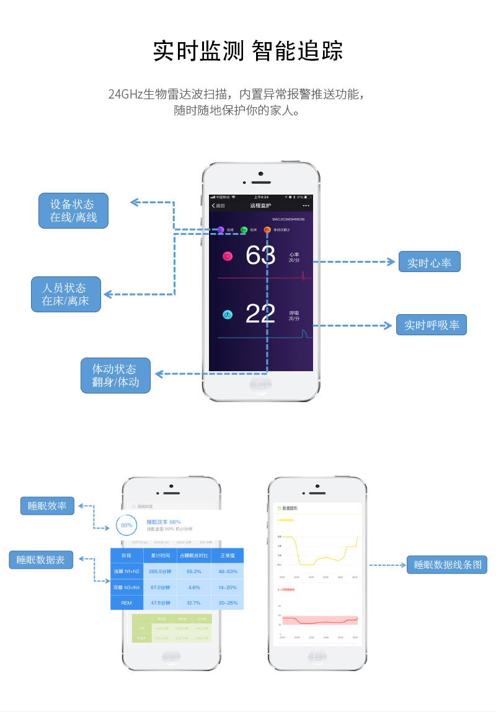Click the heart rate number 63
point(260,255)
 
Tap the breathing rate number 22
point(260,314)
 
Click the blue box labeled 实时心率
point(429,262)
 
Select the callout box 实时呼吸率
point(432,325)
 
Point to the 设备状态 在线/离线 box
point(73,211)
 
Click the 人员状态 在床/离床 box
point(66,294)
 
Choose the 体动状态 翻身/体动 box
point(115,376)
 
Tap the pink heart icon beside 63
point(228,256)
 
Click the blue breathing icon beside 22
point(228,315)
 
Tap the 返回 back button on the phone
point(218,205)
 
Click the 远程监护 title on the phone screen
point(260,205)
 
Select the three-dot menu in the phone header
point(306,205)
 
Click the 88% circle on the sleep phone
point(126,525)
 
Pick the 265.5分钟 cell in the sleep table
point(160,571)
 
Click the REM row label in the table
point(126,602)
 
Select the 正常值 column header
point(227,555)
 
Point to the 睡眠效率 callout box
point(47,506)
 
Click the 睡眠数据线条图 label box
point(447,565)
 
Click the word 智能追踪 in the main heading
point(298,51)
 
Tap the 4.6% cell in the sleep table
point(194,587)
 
